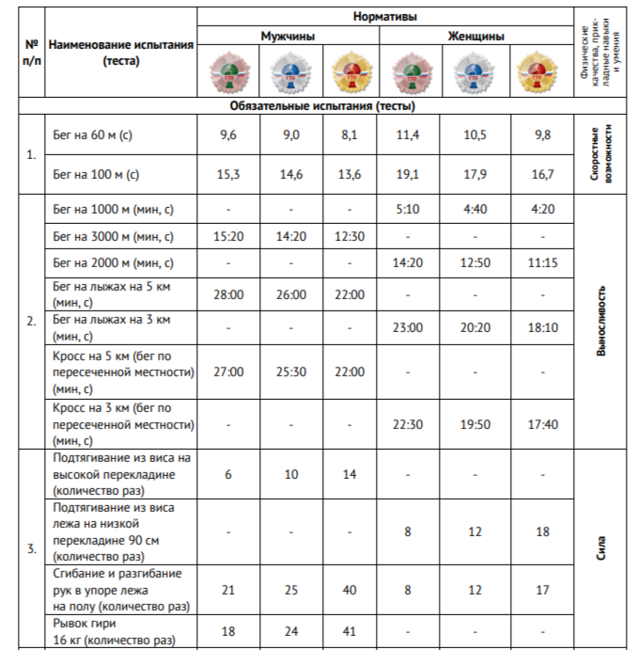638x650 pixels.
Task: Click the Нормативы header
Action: point(385,17)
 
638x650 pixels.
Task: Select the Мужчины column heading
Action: point(288,37)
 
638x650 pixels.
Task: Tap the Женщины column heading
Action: point(475,37)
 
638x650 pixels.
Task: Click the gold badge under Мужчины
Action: point(349,72)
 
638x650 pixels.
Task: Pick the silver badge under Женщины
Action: point(475,72)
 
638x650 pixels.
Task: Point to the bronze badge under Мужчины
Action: point(228,72)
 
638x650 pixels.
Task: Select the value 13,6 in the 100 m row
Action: point(349,174)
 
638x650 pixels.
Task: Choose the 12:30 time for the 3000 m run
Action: point(349,236)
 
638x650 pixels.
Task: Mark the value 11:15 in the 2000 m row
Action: point(542,263)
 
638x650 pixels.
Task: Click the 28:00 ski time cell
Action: point(228,294)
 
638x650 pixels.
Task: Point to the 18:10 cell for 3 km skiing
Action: point(542,327)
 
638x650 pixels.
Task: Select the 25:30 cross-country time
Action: point(291,372)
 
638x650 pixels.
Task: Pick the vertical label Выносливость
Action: point(602,321)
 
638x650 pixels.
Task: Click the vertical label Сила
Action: point(602,548)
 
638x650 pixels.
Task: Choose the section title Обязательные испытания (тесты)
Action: point(322,106)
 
